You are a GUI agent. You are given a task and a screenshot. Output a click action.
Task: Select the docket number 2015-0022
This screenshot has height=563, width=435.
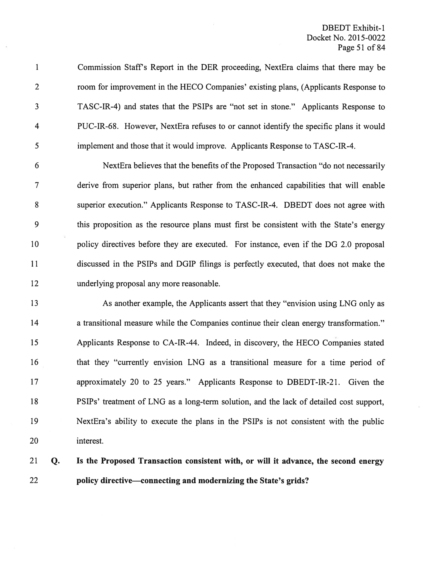(366, 38)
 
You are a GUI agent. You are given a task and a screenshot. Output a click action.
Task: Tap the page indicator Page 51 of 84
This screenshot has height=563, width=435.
(361, 48)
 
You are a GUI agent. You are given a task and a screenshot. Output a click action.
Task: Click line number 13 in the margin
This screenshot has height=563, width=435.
(34, 303)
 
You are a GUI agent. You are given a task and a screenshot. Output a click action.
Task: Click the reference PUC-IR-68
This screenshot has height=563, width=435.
(98, 126)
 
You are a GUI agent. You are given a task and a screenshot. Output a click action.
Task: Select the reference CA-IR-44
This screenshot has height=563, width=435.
(181, 343)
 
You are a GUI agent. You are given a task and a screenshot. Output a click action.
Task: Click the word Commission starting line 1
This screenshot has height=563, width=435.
(99, 68)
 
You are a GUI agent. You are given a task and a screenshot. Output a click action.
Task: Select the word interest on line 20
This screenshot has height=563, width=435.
(90, 441)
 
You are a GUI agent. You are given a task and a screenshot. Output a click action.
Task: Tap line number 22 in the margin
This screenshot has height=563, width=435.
(34, 480)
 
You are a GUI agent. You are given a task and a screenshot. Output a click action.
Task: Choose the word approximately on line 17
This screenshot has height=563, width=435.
(101, 382)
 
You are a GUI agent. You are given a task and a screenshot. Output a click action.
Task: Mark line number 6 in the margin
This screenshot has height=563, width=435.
(37, 166)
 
